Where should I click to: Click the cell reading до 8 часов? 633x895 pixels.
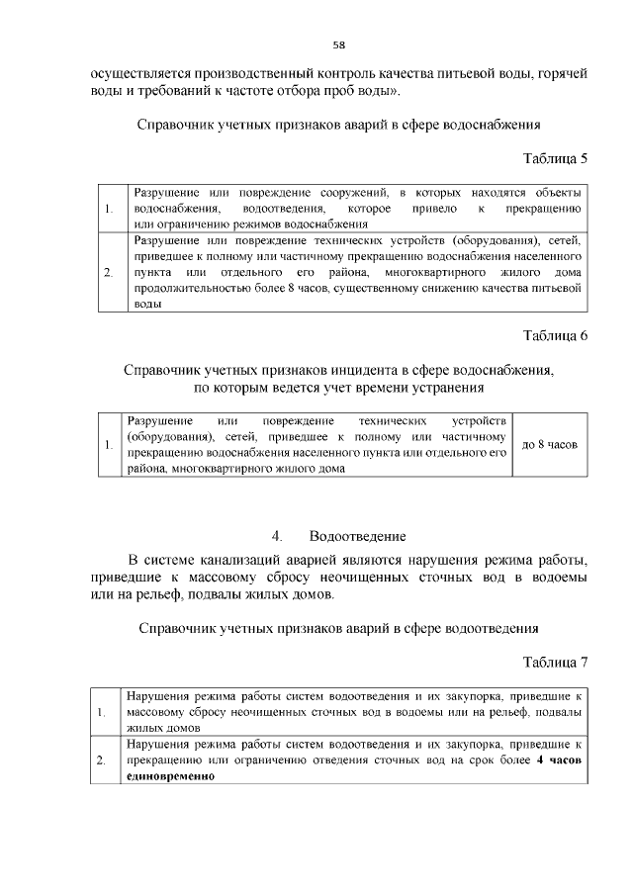(x=549, y=445)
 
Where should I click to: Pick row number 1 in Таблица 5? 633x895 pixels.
(x=109, y=209)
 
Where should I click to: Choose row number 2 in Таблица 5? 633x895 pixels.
(x=109, y=272)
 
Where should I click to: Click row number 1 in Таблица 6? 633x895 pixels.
(x=109, y=446)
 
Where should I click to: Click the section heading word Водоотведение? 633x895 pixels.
(x=357, y=536)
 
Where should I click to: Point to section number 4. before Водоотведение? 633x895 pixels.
(x=278, y=536)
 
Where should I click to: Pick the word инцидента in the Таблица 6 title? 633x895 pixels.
(x=352, y=370)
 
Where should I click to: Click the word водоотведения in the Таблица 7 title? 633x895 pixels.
(x=478, y=627)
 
